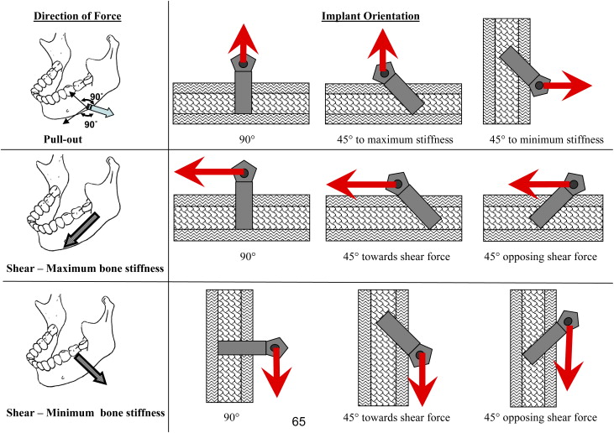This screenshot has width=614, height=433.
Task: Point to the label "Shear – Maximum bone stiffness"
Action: (x=83, y=268)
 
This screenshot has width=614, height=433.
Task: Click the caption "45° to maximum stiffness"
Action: (x=391, y=140)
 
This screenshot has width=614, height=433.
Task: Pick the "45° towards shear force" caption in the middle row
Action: (x=391, y=257)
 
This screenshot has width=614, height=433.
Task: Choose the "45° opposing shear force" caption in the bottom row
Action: (x=541, y=417)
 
